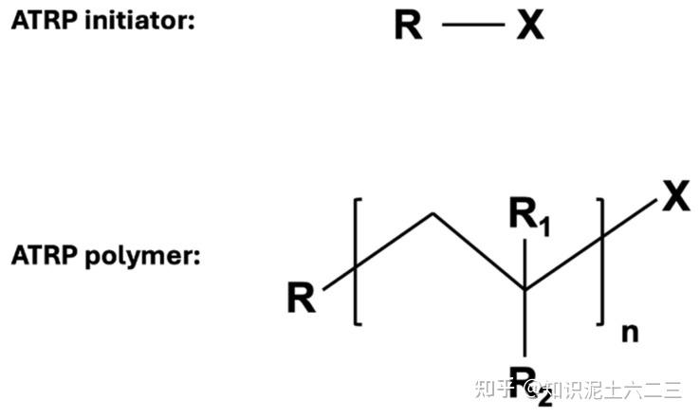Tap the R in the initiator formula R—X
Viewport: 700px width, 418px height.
pyautogui.click(x=409, y=26)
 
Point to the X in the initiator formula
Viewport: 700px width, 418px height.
pyautogui.click(x=530, y=26)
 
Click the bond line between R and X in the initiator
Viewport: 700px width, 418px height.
pyautogui.click(x=470, y=27)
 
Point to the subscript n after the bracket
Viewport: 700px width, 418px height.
pyautogui.click(x=628, y=331)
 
